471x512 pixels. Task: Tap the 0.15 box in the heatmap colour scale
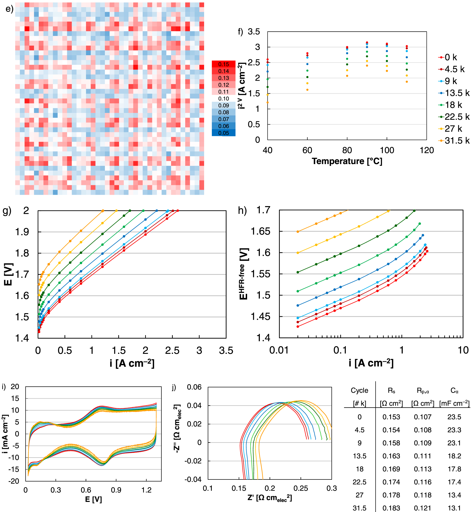(x=223, y=64)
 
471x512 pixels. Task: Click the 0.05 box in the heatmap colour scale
(x=223, y=133)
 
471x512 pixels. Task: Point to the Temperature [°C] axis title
(x=347, y=161)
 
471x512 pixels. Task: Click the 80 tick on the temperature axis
(x=347, y=150)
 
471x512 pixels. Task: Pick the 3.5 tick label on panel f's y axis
(x=254, y=32)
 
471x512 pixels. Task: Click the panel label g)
(x=7, y=211)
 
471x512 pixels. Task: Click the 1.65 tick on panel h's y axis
(x=261, y=231)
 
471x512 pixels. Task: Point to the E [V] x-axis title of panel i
(x=93, y=499)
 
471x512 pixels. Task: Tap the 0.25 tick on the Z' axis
(x=301, y=488)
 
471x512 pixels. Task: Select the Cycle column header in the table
(x=359, y=390)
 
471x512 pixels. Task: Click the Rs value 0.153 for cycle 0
(x=391, y=417)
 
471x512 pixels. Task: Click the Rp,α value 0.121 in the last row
(x=423, y=508)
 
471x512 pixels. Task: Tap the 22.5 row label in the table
(x=359, y=482)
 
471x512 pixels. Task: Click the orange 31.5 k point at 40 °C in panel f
(x=268, y=102)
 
